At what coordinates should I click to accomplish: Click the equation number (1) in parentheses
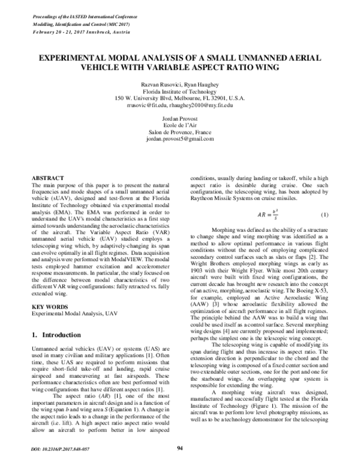(x=324, y=215)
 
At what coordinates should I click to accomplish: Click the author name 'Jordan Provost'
(x=179, y=119)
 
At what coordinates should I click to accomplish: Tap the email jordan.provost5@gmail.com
(x=179, y=139)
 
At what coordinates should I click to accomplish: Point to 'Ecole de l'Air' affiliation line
(x=179, y=126)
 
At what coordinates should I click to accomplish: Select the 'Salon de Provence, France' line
(x=179, y=132)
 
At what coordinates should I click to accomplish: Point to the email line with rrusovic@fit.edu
(x=179, y=106)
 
